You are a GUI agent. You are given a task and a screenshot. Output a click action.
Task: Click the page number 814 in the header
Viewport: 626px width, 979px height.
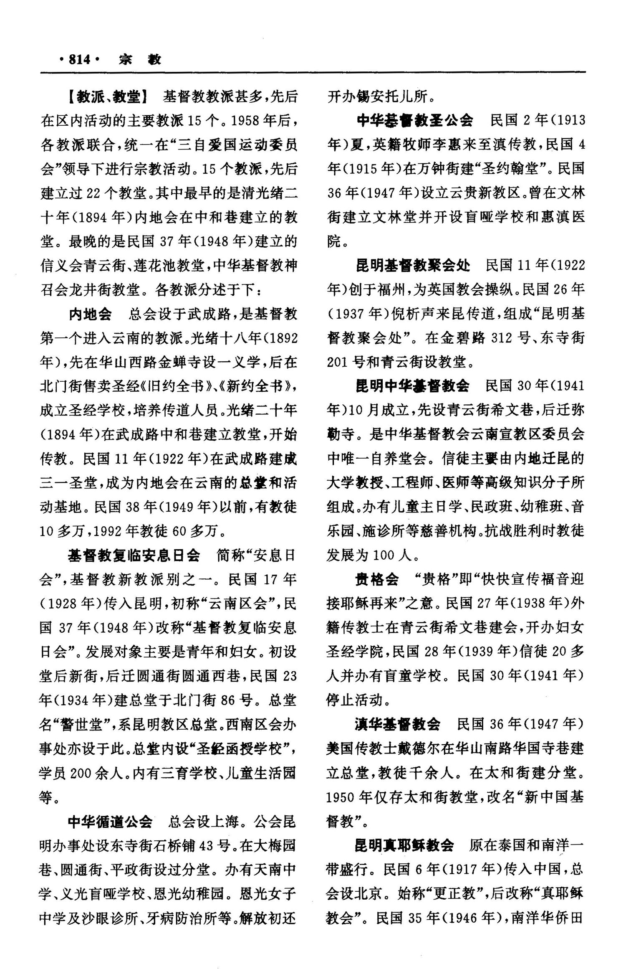(79, 60)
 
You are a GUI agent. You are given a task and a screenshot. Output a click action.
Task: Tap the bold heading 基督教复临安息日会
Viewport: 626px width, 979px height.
(134, 555)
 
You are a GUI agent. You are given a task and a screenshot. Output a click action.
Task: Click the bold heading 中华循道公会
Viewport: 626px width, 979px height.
(110, 822)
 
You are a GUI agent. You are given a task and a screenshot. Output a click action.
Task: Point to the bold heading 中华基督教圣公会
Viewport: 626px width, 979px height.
(415, 121)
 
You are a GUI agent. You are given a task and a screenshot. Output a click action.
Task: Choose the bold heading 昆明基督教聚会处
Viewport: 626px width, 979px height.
(413, 265)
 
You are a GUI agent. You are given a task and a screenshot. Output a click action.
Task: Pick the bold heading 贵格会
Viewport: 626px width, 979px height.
(376, 579)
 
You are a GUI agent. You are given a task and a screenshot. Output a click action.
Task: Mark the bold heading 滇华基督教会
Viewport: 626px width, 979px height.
(398, 724)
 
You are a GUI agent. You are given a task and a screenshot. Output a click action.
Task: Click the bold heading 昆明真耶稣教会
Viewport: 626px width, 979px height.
(404, 845)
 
